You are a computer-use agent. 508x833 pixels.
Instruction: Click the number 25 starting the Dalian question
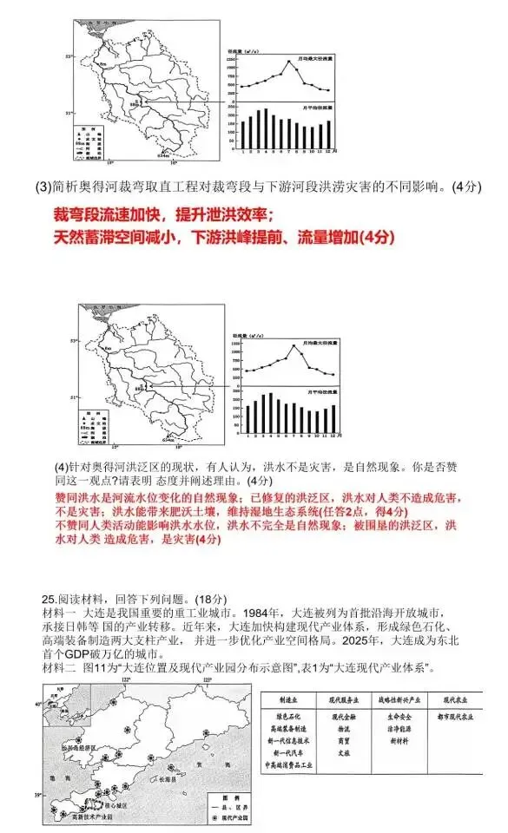pos(49,599)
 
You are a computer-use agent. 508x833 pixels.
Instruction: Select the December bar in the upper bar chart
pos(328,133)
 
